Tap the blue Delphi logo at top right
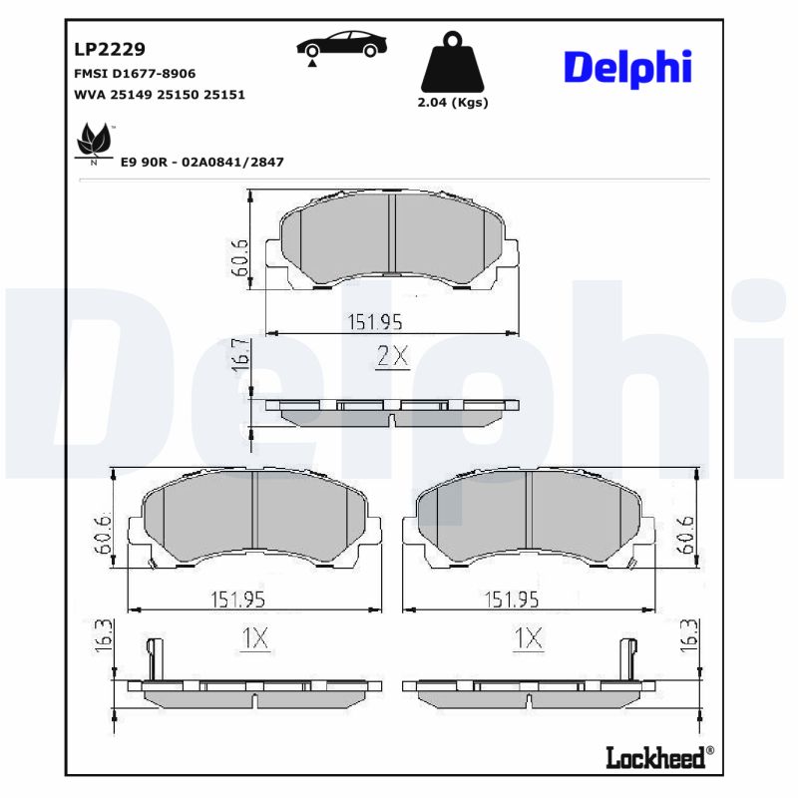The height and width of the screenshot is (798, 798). tap(627, 67)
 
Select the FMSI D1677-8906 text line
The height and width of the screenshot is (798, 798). tap(135, 74)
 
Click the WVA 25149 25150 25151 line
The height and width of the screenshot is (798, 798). tap(160, 95)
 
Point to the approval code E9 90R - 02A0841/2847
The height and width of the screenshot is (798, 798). tap(201, 161)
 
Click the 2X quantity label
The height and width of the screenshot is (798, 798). tap(393, 356)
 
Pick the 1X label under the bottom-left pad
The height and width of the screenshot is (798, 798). tap(255, 638)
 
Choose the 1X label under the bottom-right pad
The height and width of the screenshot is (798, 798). tap(528, 638)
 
